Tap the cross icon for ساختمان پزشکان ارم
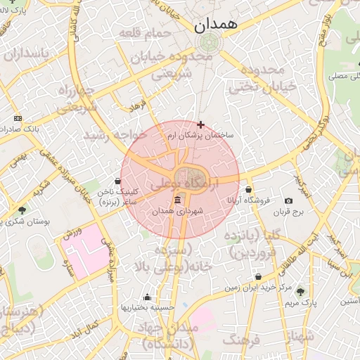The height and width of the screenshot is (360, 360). (200, 124)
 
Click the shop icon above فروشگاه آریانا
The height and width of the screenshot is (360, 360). (249, 189)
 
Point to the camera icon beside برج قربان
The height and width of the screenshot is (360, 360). (289, 201)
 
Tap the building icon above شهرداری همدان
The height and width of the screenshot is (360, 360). (176, 200)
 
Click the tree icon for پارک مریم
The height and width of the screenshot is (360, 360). (301, 291)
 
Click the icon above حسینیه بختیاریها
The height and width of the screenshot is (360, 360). (146, 297)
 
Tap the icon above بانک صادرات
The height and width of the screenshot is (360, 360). (18, 118)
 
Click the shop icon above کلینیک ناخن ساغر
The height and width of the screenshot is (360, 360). (117, 181)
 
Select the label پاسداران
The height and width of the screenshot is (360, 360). (27, 54)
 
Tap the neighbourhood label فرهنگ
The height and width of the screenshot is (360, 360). (241, 340)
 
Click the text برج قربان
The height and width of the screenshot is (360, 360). (288, 212)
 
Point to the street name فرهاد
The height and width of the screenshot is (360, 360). (135, 105)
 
